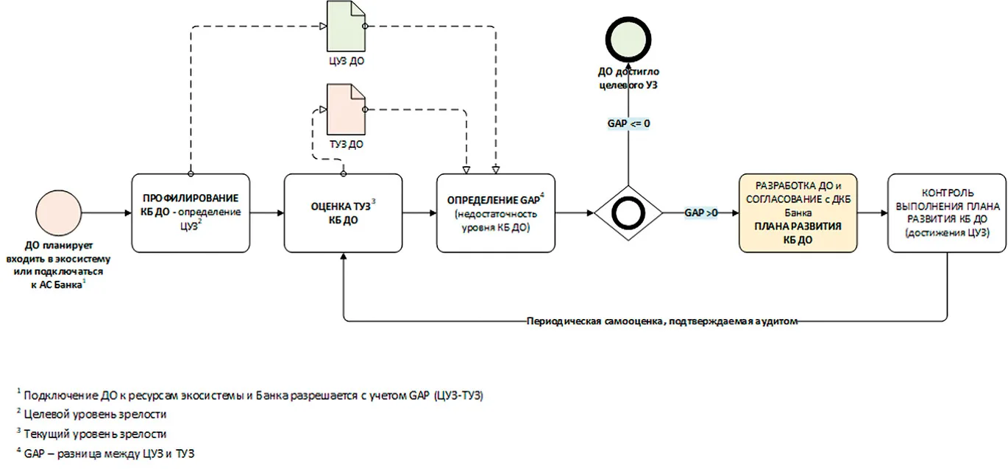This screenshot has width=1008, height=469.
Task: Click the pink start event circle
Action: point(59,212)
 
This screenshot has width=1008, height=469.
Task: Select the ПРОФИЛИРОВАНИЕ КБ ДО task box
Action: point(191,213)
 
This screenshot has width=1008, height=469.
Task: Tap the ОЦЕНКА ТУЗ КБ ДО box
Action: point(344,213)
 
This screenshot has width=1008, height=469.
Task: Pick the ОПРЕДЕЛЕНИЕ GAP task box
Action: point(496,213)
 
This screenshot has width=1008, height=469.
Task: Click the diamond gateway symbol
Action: point(628,213)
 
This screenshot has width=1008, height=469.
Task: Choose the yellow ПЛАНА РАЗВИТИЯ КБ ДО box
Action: point(798,213)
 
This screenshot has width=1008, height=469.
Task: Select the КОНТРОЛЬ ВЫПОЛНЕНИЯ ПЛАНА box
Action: point(947,213)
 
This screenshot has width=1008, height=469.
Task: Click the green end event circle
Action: point(628,39)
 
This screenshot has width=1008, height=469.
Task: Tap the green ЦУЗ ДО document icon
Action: point(346,26)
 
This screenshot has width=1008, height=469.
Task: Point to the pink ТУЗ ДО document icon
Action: point(346,110)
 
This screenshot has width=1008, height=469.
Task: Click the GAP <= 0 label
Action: point(628,123)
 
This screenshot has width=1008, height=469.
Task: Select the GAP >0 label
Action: point(701,212)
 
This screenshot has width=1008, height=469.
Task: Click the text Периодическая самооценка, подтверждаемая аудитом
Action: point(662,321)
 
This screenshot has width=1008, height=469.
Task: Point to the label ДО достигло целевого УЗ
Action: point(628,78)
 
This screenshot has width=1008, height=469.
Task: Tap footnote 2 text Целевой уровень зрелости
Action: point(95,414)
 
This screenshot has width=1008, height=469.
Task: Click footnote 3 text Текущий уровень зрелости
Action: point(95,434)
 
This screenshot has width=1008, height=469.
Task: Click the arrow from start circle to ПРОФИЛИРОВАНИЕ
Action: point(107,212)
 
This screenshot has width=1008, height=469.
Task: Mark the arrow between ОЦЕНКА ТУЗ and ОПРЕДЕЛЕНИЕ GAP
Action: point(419,212)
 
